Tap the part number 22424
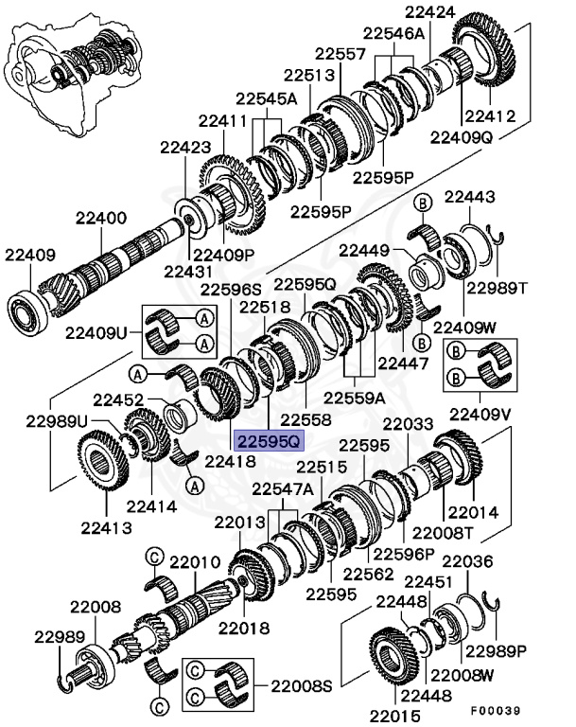[x=430, y=12]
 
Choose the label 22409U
[x=96, y=332]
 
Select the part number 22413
[x=106, y=527]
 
